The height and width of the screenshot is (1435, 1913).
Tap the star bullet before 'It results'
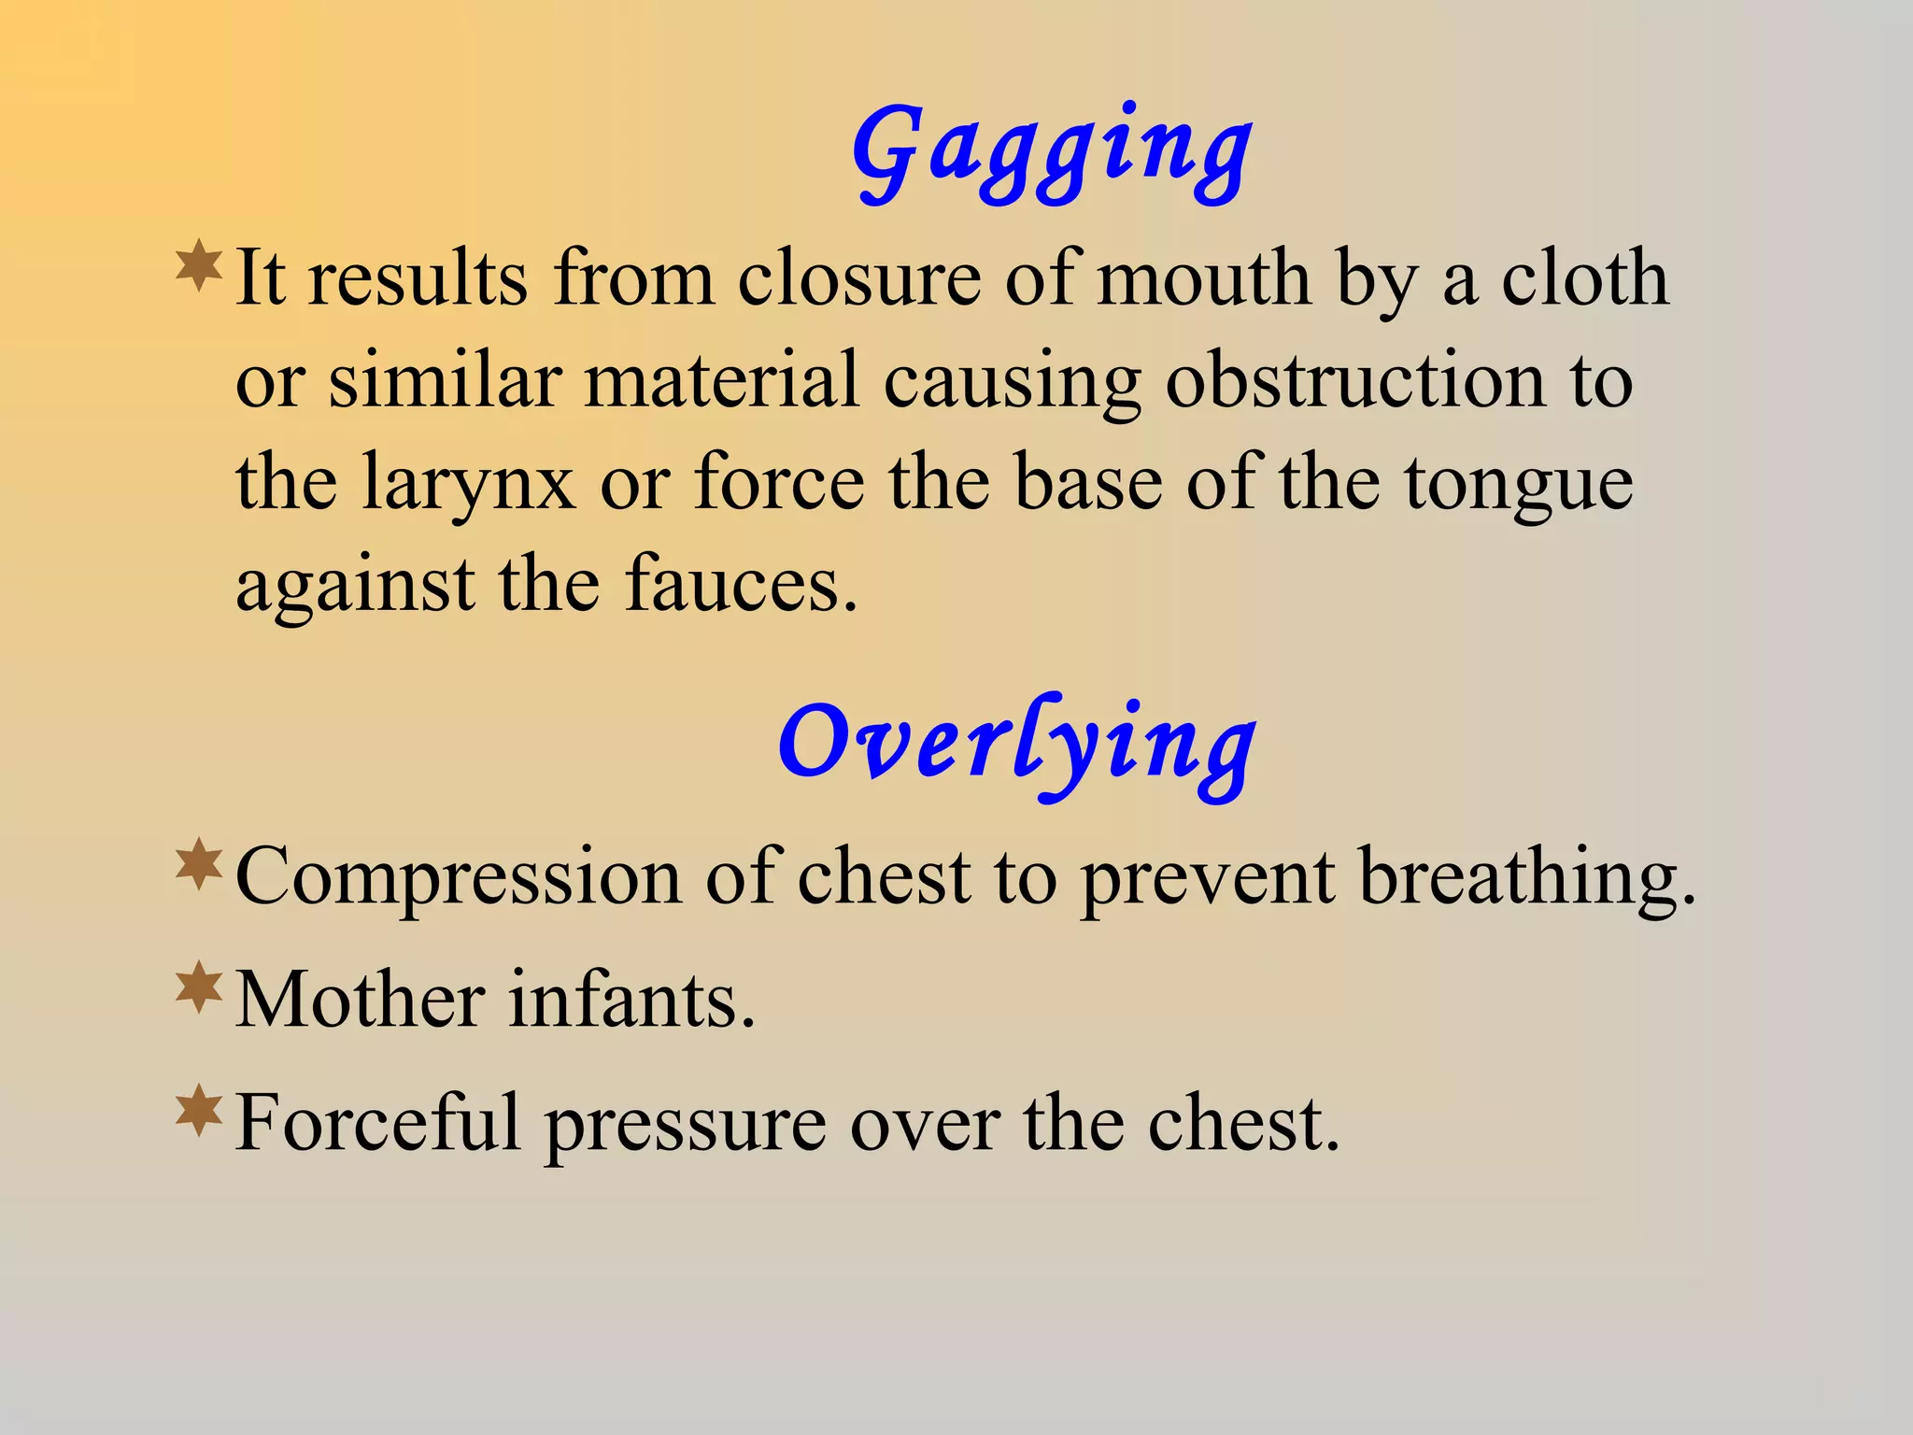[199, 266]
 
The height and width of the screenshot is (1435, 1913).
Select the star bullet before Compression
[199, 864]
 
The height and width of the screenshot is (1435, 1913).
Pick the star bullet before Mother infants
[199, 988]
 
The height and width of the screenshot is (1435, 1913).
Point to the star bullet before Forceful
[199, 1111]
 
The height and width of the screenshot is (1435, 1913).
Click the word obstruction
[1354, 380]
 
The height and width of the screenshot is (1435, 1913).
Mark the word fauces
[740, 585]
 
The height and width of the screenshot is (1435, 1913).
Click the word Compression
[458, 878]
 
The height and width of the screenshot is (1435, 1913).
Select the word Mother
[361, 1000]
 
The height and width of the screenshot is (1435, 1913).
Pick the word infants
[631, 1000]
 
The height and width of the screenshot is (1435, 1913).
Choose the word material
[720, 380]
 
